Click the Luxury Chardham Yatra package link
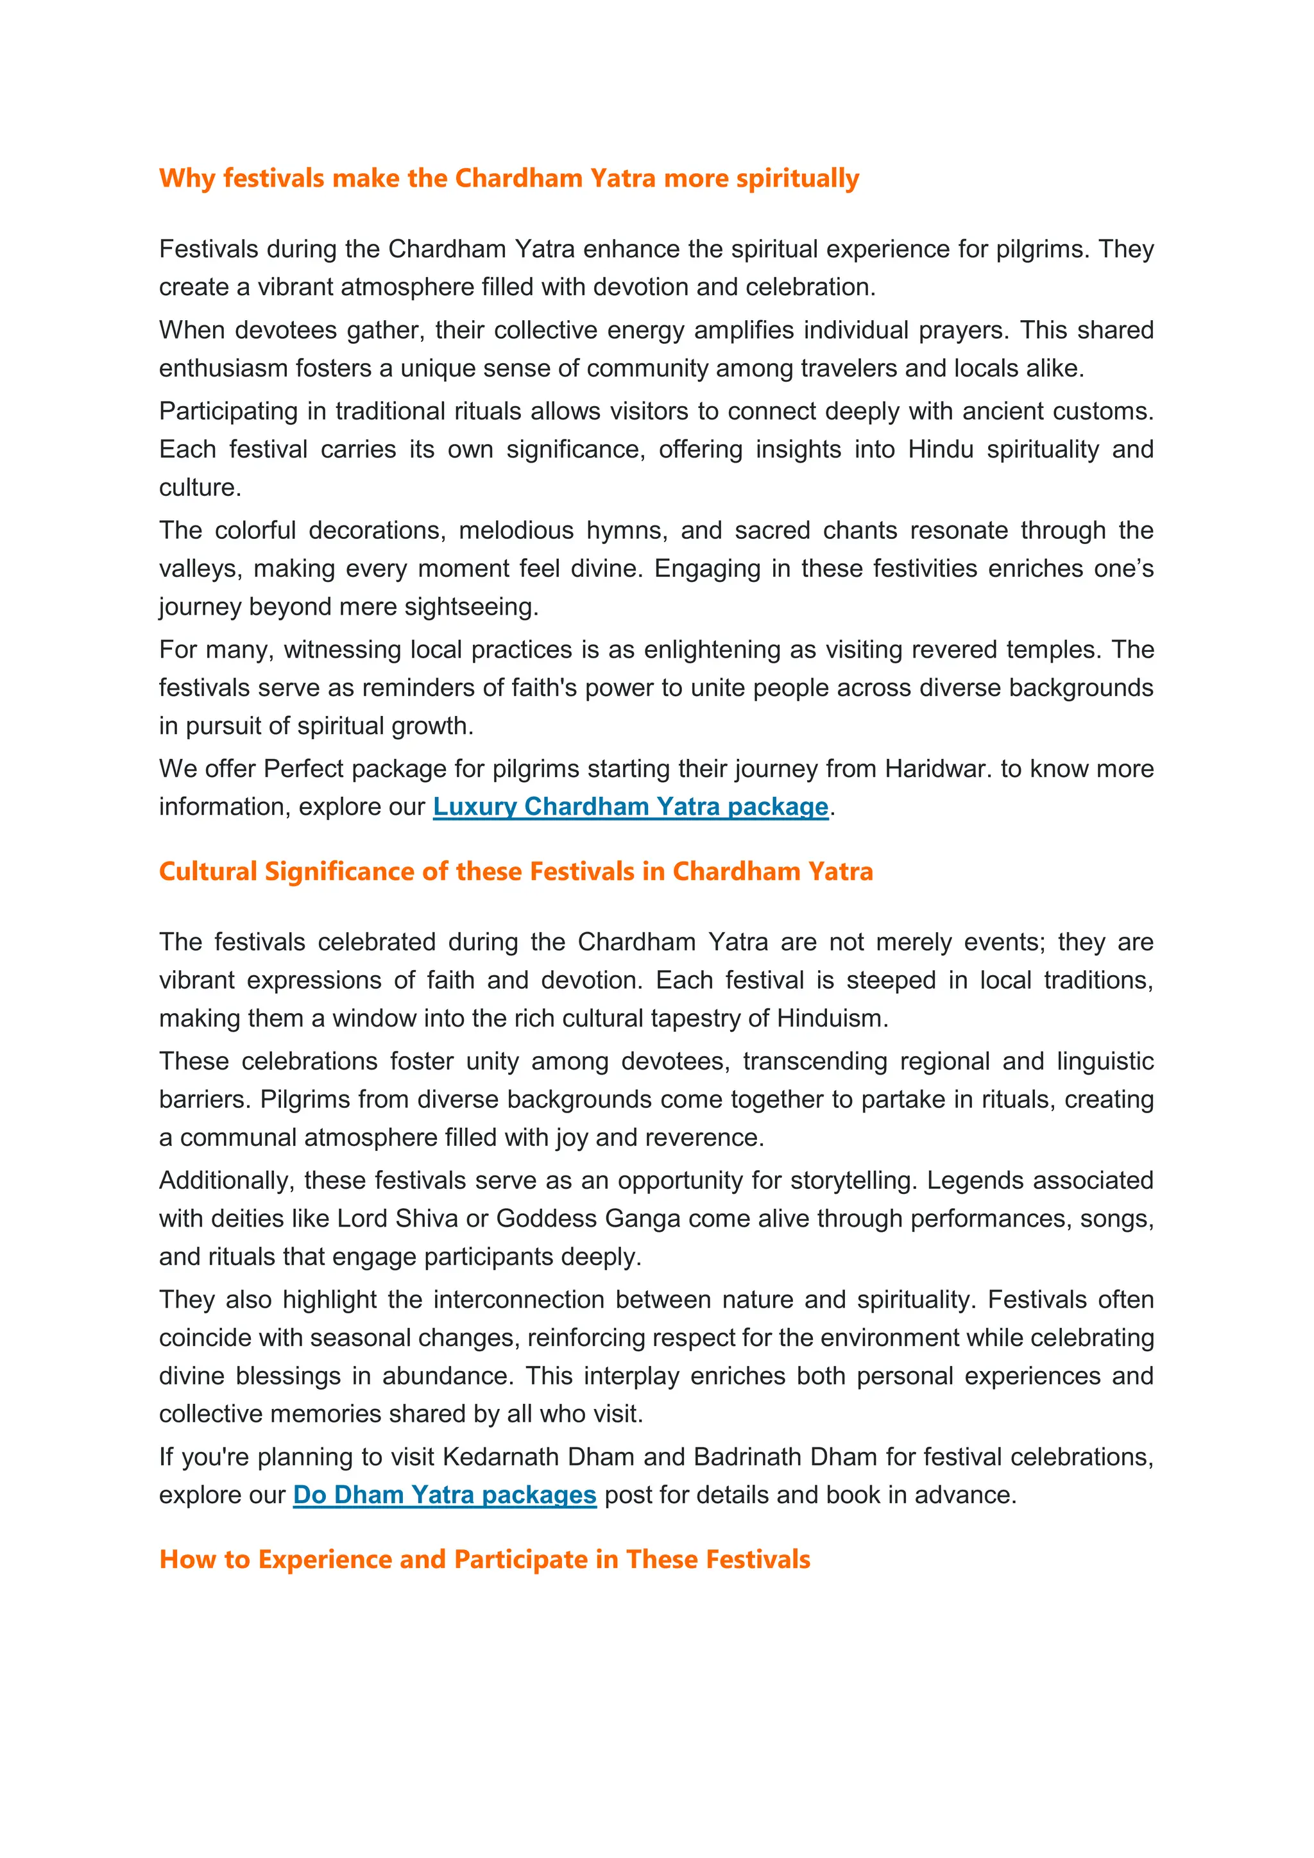[630, 807]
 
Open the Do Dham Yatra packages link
[444, 1495]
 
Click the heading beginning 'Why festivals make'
[508, 178]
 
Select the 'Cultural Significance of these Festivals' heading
[515, 871]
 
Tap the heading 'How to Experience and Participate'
[484, 1560]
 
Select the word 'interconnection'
[518, 1300]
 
